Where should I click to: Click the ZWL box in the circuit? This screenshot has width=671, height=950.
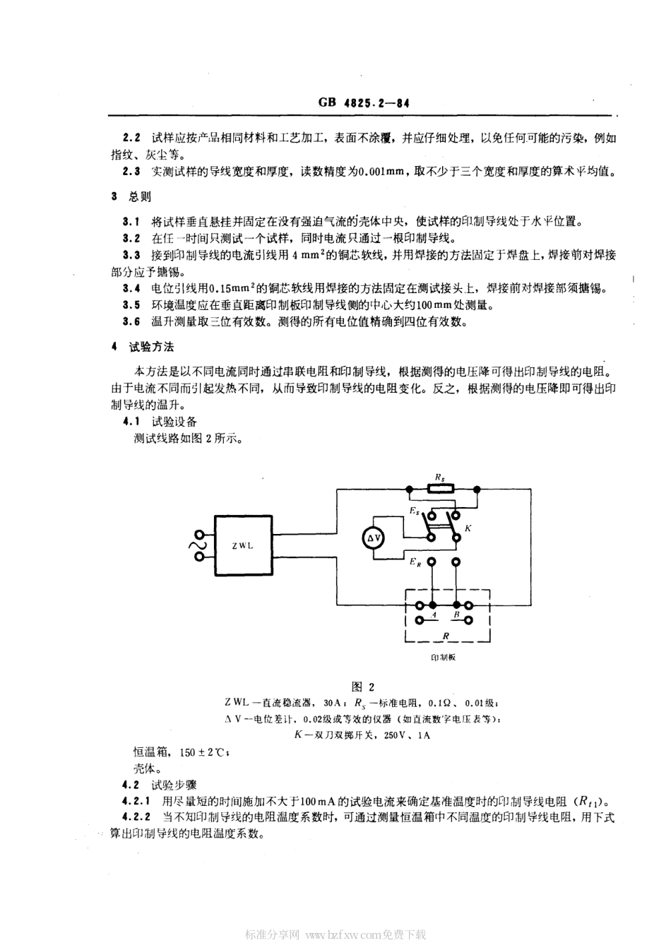[243, 545]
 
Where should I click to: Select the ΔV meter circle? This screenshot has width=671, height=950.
[374, 539]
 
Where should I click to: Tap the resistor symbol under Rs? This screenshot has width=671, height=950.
[441, 488]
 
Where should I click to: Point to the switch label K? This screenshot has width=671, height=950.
[468, 528]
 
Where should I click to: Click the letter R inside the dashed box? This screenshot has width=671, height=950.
[446, 635]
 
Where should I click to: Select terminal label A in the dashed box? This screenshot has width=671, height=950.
[434, 615]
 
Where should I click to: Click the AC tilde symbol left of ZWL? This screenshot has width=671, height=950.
[191, 545]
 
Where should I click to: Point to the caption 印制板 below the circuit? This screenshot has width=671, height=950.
[444, 656]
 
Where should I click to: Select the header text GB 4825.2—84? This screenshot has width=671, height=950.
[364, 102]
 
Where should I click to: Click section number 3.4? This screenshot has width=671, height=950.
[131, 288]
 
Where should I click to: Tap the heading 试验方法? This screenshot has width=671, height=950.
[151, 347]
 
